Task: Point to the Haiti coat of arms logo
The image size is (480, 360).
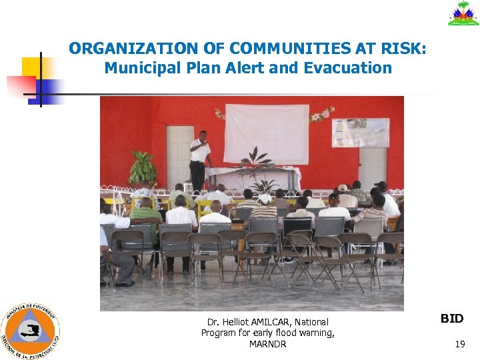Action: coord(463,13)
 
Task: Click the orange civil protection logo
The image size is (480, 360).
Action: coord(30,331)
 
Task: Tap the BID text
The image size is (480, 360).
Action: coord(452,319)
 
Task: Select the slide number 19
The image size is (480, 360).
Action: coord(459,344)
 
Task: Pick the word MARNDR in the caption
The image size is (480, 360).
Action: coord(267,344)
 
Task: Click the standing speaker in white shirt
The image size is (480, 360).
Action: coord(199,160)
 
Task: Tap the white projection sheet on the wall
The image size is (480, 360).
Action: coord(266,133)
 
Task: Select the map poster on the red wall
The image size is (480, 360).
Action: coord(360,133)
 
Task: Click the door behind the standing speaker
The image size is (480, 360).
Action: coord(179,155)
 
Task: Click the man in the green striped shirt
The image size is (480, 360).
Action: coord(145,217)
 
